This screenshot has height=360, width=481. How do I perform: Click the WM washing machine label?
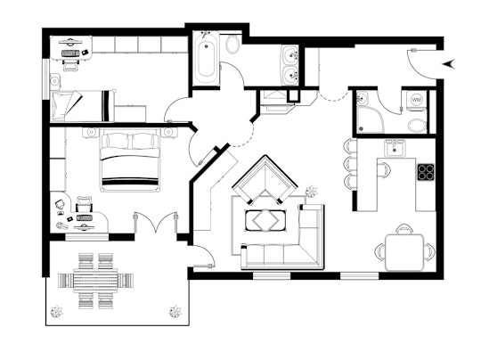tap(416, 99)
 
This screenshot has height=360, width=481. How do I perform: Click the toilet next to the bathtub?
tap(232, 45)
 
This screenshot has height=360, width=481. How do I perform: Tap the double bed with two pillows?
tap(130, 160)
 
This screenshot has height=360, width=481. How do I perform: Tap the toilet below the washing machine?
tap(416, 123)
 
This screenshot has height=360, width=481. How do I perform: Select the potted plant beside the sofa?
tap(312, 190)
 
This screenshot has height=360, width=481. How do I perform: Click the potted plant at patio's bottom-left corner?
tap(57, 312)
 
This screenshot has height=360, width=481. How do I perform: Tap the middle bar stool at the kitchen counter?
tap(349, 164)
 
